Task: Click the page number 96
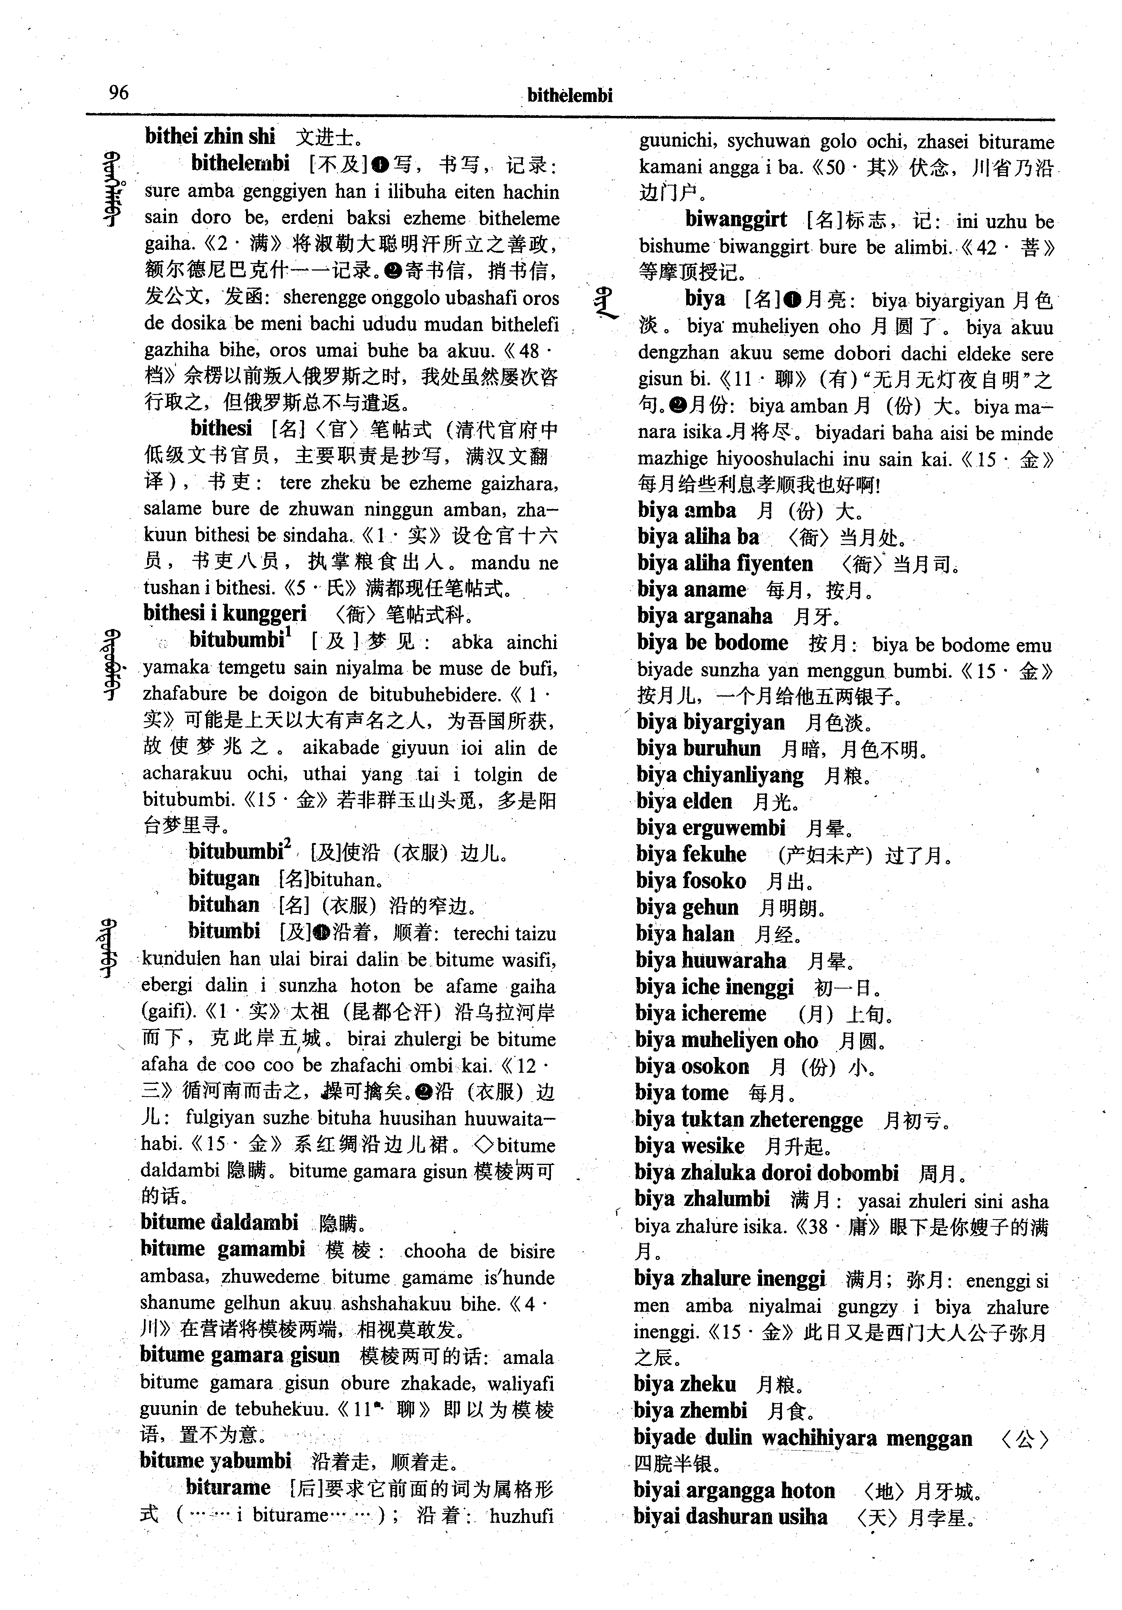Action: click(x=119, y=92)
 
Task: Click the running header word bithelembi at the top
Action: click(x=570, y=95)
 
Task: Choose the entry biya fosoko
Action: click(x=691, y=881)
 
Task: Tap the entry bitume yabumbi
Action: click(x=215, y=1460)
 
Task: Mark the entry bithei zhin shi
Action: click(x=210, y=136)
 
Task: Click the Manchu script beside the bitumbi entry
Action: click(x=108, y=949)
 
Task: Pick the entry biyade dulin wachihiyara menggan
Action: click(x=802, y=1438)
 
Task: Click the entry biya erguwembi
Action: click(x=710, y=828)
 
